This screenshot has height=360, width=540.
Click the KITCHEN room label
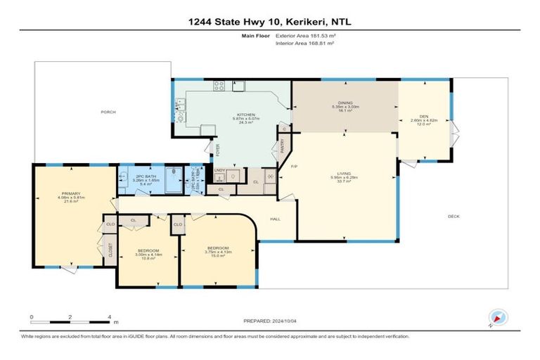pyautogui.click(x=245, y=115)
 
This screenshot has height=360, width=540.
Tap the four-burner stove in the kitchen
pyautogui.click(x=219, y=86)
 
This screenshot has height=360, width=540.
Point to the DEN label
pyautogui.click(x=423, y=116)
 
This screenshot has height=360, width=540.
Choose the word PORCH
pyautogui.click(x=108, y=112)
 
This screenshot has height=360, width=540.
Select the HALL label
pyautogui.click(x=276, y=218)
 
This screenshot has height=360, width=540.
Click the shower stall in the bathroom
pyautogui.click(x=174, y=176)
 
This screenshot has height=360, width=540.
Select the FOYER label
pyautogui.click(x=217, y=150)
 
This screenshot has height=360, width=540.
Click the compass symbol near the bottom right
pyautogui.click(x=498, y=318)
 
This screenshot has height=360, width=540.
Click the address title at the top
pyautogui.click(x=269, y=22)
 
